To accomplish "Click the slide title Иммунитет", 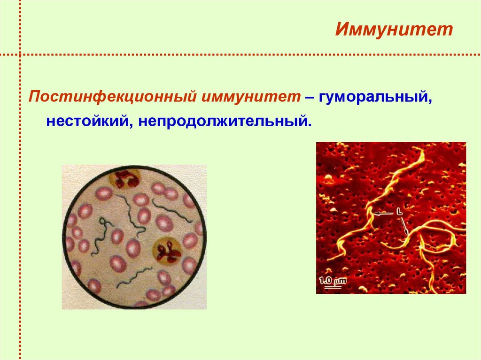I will tap(394, 31).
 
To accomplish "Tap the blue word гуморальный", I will tap(374, 97).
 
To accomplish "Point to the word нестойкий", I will tap(88, 122).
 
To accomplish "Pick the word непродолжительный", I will tap(223, 122).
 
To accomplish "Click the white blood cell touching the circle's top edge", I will tap(124, 179).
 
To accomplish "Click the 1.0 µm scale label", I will tap(333, 282).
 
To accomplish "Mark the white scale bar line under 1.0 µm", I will tap(333, 287).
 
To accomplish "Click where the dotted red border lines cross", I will tap(20, 54).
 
